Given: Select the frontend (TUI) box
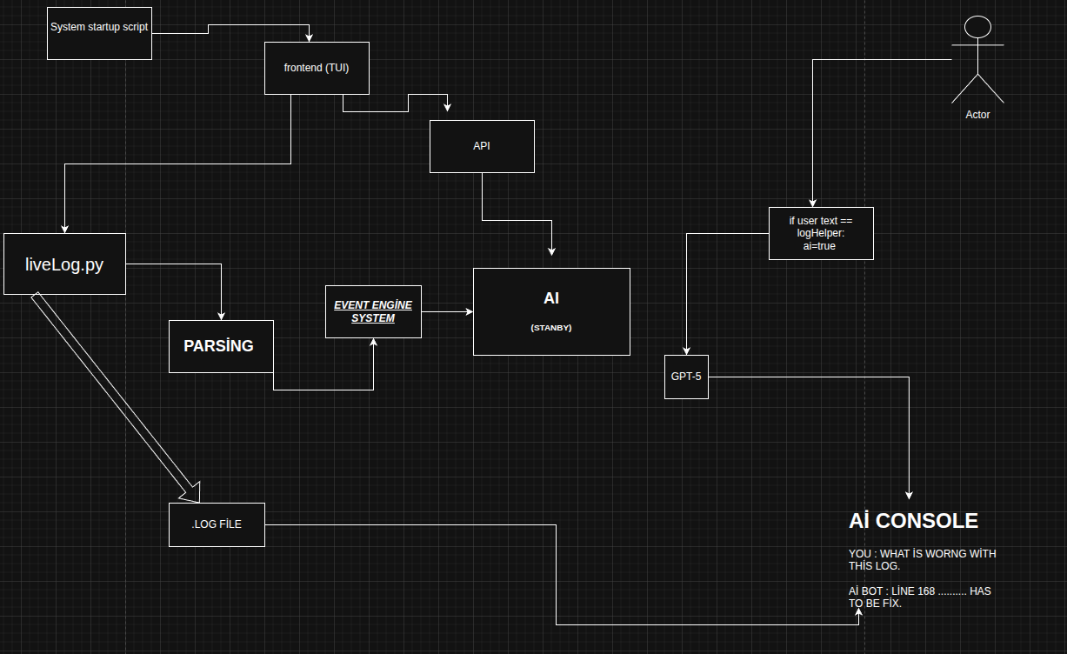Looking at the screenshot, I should [x=317, y=68].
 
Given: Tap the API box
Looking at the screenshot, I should [x=482, y=146].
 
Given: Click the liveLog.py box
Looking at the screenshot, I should [x=64, y=264].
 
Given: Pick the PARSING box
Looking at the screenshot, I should [x=221, y=346].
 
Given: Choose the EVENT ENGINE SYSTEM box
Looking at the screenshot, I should [x=373, y=311].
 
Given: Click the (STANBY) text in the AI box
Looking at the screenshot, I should [x=551, y=328].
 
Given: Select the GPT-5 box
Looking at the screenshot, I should [x=686, y=377].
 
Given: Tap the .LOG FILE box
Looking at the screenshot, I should [x=217, y=524].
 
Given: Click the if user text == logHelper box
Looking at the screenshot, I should [x=821, y=233].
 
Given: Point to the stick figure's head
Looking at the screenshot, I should [x=977, y=27].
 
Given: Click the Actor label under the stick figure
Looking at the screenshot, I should [x=977, y=115].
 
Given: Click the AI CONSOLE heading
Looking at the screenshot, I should [x=913, y=521].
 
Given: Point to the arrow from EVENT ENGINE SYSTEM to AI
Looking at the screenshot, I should [x=447, y=311].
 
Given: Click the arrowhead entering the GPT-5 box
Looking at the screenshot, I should [x=686, y=350].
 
